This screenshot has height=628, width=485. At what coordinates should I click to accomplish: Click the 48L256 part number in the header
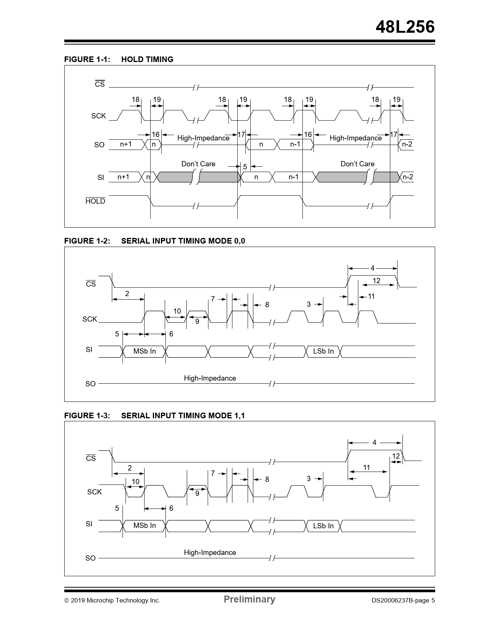click(405, 27)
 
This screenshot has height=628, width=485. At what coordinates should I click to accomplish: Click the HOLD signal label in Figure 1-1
click(95, 201)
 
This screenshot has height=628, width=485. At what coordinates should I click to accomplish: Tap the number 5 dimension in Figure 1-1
click(245, 167)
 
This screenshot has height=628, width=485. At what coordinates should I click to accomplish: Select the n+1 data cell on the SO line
click(126, 144)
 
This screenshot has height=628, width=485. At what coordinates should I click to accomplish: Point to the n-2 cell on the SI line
click(407, 177)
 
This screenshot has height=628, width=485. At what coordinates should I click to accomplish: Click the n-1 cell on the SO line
click(295, 144)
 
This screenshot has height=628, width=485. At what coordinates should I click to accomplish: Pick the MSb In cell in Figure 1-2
click(145, 351)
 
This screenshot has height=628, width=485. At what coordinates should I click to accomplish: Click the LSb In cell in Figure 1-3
click(323, 526)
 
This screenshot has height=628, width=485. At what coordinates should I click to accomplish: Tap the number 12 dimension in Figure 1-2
click(376, 281)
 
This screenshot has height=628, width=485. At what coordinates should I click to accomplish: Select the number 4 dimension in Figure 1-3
click(374, 443)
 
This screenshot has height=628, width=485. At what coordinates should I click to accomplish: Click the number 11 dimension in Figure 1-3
click(366, 468)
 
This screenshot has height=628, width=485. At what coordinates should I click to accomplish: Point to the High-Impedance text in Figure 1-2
click(210, 378)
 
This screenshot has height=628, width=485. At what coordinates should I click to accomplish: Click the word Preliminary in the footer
click(249, 599)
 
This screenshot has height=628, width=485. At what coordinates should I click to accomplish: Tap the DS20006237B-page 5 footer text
click(403, 601)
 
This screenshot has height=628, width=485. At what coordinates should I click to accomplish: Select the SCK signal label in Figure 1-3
click(94, 492)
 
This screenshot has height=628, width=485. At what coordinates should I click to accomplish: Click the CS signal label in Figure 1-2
click(91, 284)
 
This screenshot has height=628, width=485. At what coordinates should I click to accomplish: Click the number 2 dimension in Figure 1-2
click(127, 293)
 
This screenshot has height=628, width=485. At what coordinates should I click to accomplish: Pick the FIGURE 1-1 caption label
click(87, 59)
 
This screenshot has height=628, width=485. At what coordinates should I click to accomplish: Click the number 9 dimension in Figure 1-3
click(197, 494)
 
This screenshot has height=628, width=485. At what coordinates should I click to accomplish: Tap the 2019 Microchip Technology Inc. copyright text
click(112, 601)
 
